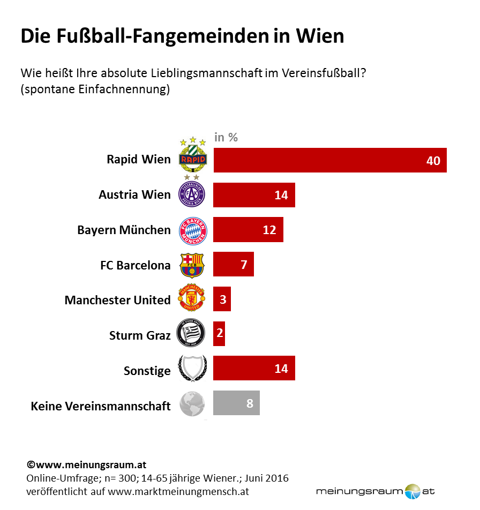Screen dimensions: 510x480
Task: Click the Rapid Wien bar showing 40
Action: pyautogui.click(x=329, y=160)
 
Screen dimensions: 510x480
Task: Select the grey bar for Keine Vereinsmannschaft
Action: pyautogui.click(x=236, y=403)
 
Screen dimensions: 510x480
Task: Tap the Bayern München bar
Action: pyautogui.click(x=248, y=230)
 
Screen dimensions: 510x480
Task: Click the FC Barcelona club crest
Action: pyautogui.click(x=192, y=265)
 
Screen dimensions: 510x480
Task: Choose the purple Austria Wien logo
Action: pyautogui.click(x=192, y=194)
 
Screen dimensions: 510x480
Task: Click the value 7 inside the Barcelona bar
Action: pyautogui.click(x=244, y=265)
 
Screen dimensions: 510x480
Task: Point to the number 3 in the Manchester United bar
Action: pyautogui.click(x=223, y=300)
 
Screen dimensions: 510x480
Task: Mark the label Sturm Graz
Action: pyautogui.click(x=140, y=336)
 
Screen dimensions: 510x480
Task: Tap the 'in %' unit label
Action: pyautogui.click(x=226, y=137)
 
